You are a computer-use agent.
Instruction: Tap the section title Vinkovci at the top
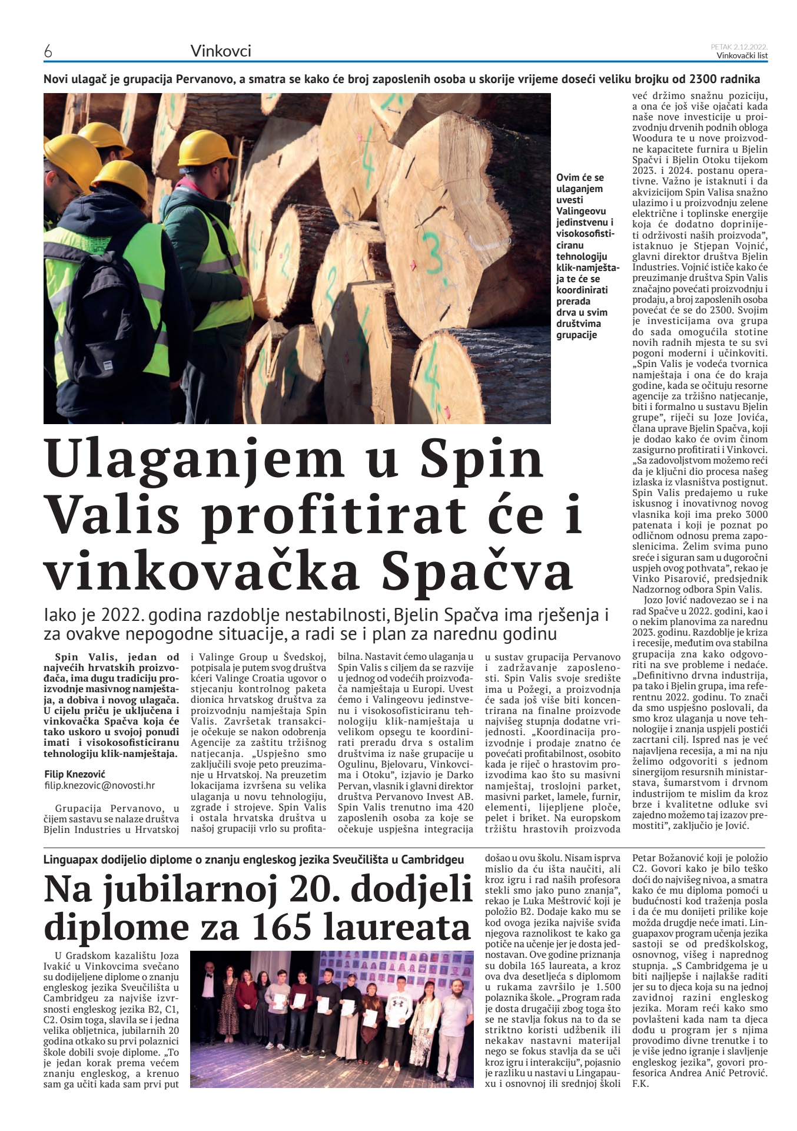click(221, 52)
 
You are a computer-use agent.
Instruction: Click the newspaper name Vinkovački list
click(742, 56)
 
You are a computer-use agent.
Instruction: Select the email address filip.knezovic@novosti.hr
click(99, 785)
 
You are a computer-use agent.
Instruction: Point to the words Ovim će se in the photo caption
click(580, 177)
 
